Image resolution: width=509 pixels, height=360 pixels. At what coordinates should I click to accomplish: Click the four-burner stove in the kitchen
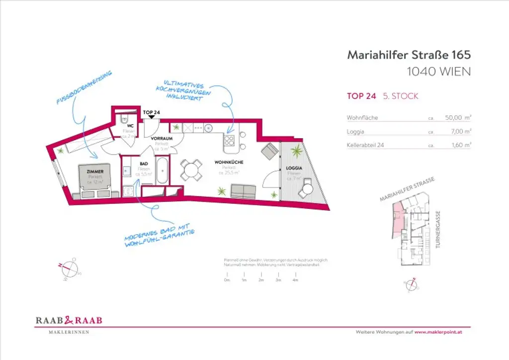click(230, 140)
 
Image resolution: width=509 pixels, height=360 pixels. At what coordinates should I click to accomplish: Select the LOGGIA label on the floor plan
click(294, 168)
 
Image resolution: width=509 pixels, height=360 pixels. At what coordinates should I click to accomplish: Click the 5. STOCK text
click(400, 96)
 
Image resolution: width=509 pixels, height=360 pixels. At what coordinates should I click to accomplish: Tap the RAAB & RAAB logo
click(69, 321)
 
